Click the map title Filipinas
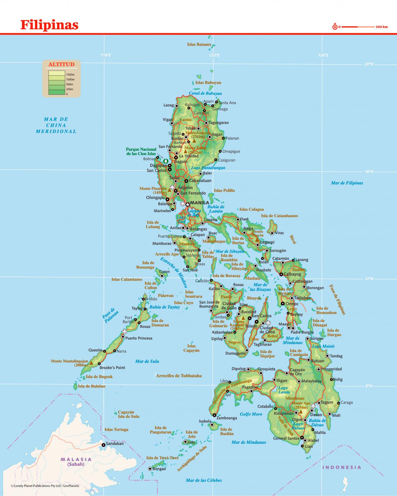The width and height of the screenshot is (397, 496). pos(49,25)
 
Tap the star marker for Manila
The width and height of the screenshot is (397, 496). pos(187,204)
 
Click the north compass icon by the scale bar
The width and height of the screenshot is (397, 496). pos(335,27)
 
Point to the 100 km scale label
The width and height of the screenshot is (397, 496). pos(381,27)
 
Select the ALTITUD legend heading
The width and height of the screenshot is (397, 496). pos(61,64)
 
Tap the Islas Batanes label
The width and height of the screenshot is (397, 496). pos(199,44)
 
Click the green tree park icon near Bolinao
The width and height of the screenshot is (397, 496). pos(166,161)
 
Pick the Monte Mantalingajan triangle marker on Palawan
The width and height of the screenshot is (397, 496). pos(91,362)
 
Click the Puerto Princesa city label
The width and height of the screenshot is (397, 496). pos(139,338)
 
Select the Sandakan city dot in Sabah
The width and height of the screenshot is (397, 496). pos(103,445)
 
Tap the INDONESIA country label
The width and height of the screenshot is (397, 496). pos(342,467)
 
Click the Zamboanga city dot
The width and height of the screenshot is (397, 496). pos(214,415)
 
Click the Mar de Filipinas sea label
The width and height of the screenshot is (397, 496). pos(347,183)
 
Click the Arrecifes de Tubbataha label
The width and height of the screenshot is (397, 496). pos(179,376)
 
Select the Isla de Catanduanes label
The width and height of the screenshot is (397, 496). pos(279,216)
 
